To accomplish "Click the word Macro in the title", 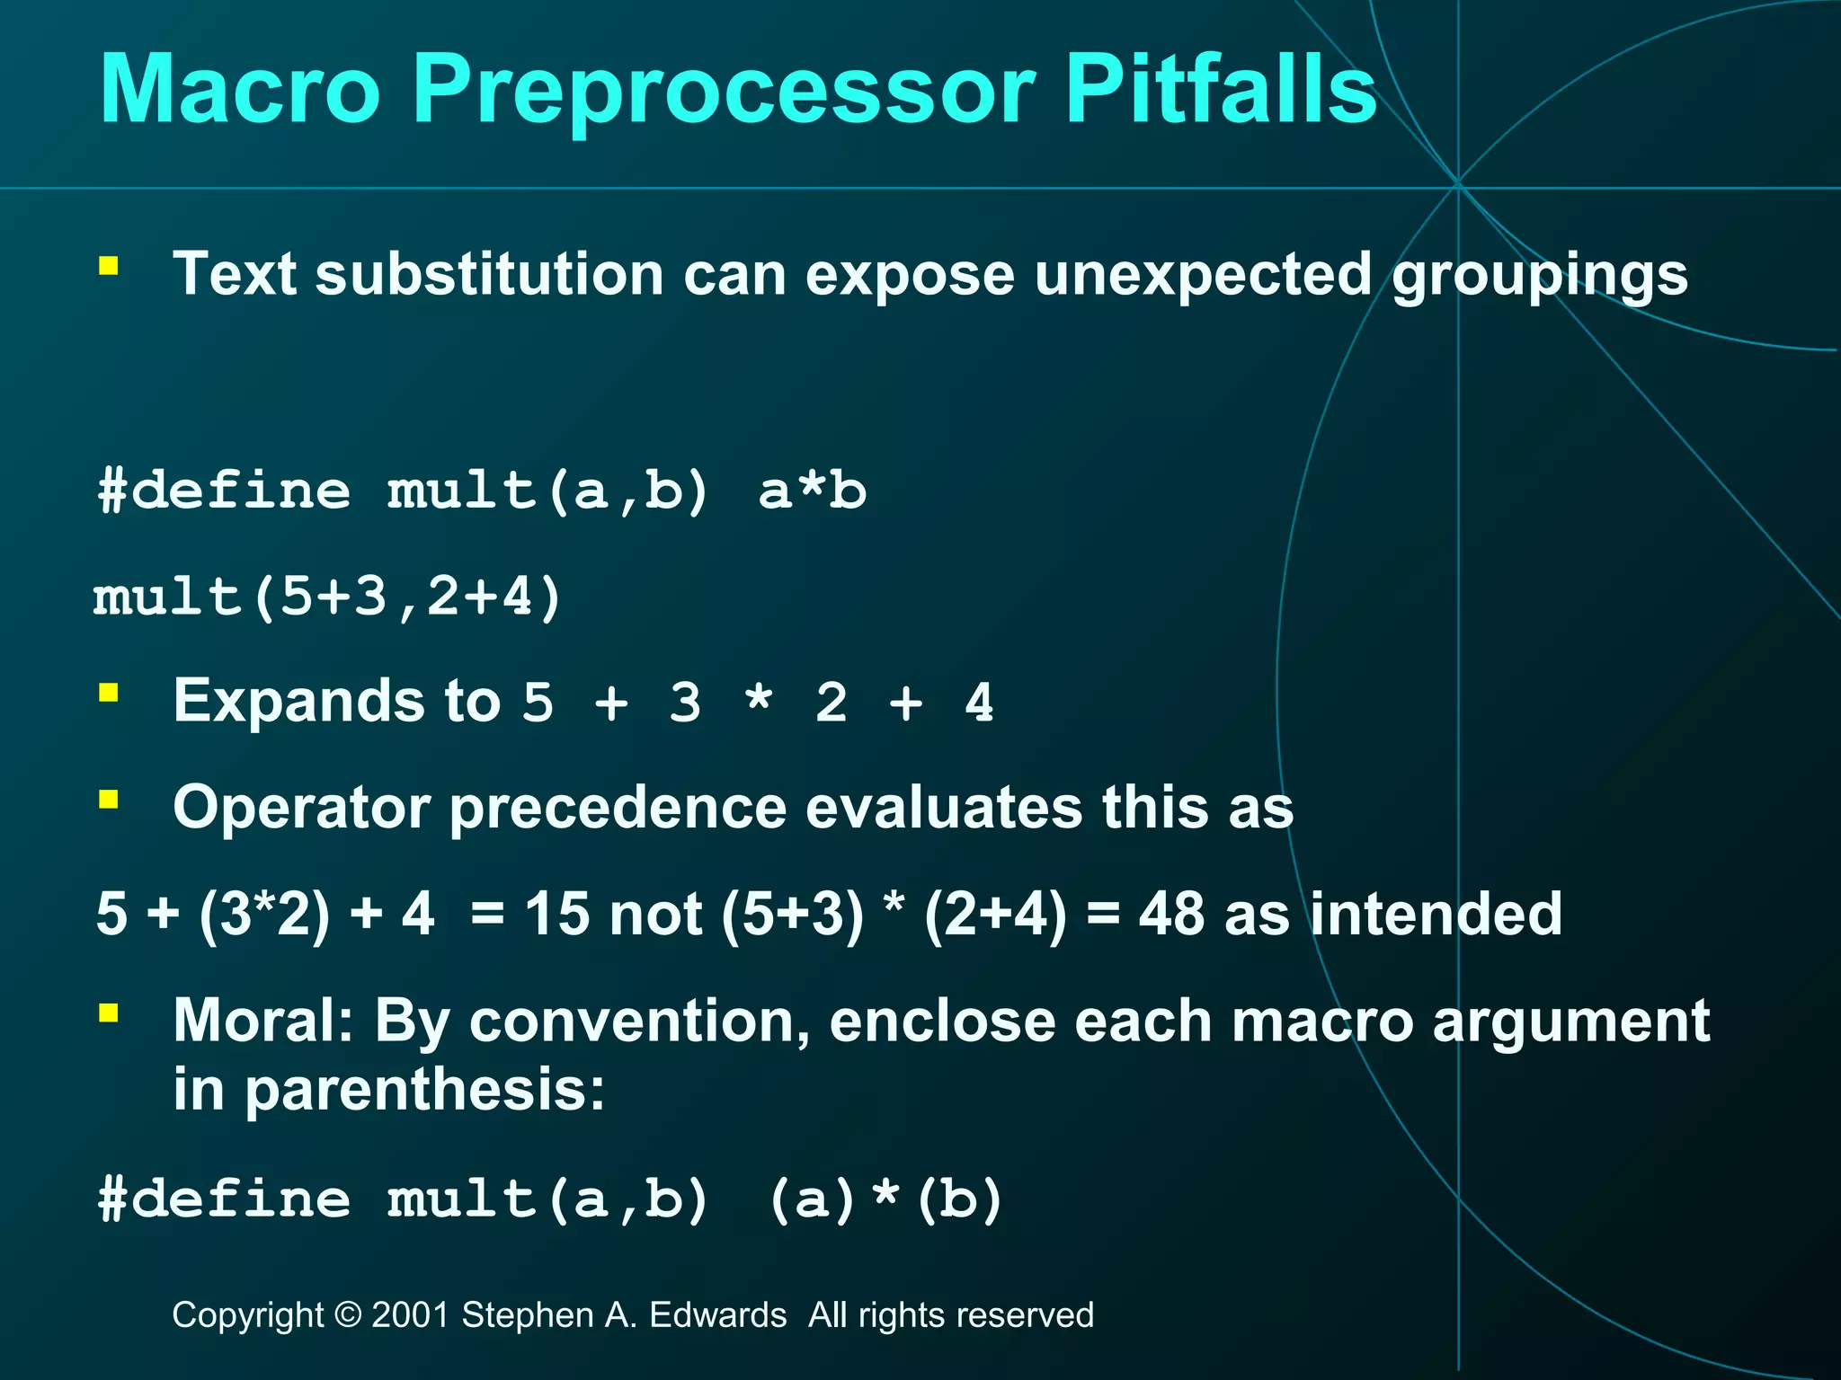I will (x=240, y=90).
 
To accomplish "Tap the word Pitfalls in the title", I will (x=1220, y=90).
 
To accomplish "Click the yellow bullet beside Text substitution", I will (x=109, y=266).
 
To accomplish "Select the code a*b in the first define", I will (x=812, y=491).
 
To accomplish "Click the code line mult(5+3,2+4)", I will (x=328, y=597).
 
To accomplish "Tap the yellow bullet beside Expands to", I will (x=109, y=693).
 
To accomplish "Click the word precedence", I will (x=617, y=808).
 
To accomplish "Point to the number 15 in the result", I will (x=557, y=915).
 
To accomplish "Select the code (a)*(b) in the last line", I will (x=885, y=1199).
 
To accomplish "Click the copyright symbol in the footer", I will (x=347, y=1315).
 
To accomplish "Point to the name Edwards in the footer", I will (x=717, y=1315).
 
